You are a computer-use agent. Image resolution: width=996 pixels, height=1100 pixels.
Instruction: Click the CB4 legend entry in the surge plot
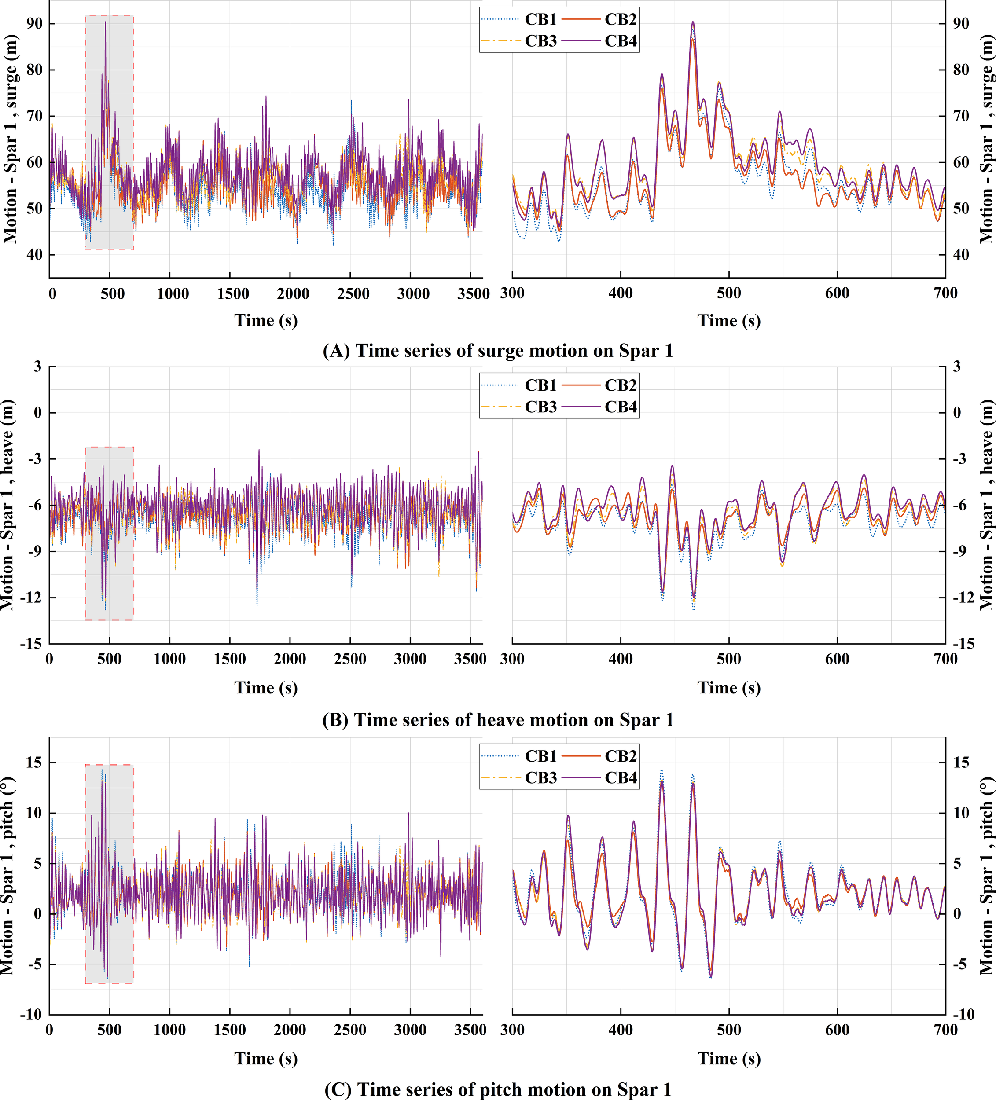tap(620, 41)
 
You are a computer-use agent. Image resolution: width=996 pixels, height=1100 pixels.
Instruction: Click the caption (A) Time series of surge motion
tap(498, 351)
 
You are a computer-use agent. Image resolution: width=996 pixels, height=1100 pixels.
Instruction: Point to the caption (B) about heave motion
tap(498, 720)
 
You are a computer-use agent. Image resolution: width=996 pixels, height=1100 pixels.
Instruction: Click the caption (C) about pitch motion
tap(498, 1089)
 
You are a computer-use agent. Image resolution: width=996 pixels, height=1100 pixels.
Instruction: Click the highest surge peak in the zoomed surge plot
tap(693, 22)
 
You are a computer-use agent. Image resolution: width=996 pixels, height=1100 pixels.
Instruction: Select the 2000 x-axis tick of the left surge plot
tap(293, 293)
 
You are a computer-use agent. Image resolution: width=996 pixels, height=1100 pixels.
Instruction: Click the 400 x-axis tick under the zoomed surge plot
tap(621, 293)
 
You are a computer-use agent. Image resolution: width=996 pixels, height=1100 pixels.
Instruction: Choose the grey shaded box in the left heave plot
tap(109, 533)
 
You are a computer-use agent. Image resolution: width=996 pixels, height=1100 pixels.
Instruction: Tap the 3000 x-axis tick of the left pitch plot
tap(410, 1030)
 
